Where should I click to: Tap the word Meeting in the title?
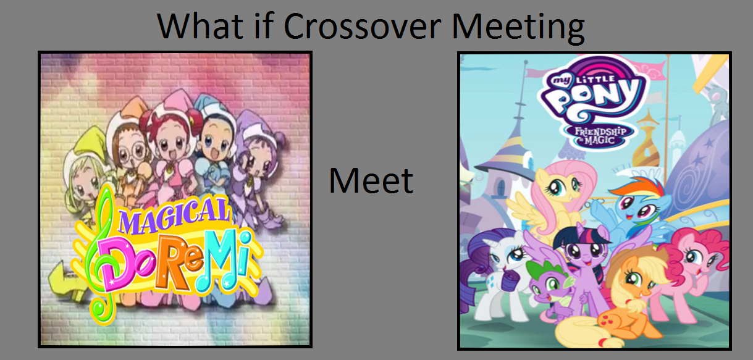[x=518, y=28]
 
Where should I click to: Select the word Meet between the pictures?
[x=371, y=181]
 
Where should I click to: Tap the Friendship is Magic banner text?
[x=600, y=135]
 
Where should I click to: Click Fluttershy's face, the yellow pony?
[x=561, y=188]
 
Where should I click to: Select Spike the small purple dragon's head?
[x=548, y=282]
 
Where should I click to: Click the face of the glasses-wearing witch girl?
[x=130, y=153]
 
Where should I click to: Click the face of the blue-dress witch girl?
[x=215, y=141]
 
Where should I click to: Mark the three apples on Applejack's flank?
[x=609, y=317]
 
